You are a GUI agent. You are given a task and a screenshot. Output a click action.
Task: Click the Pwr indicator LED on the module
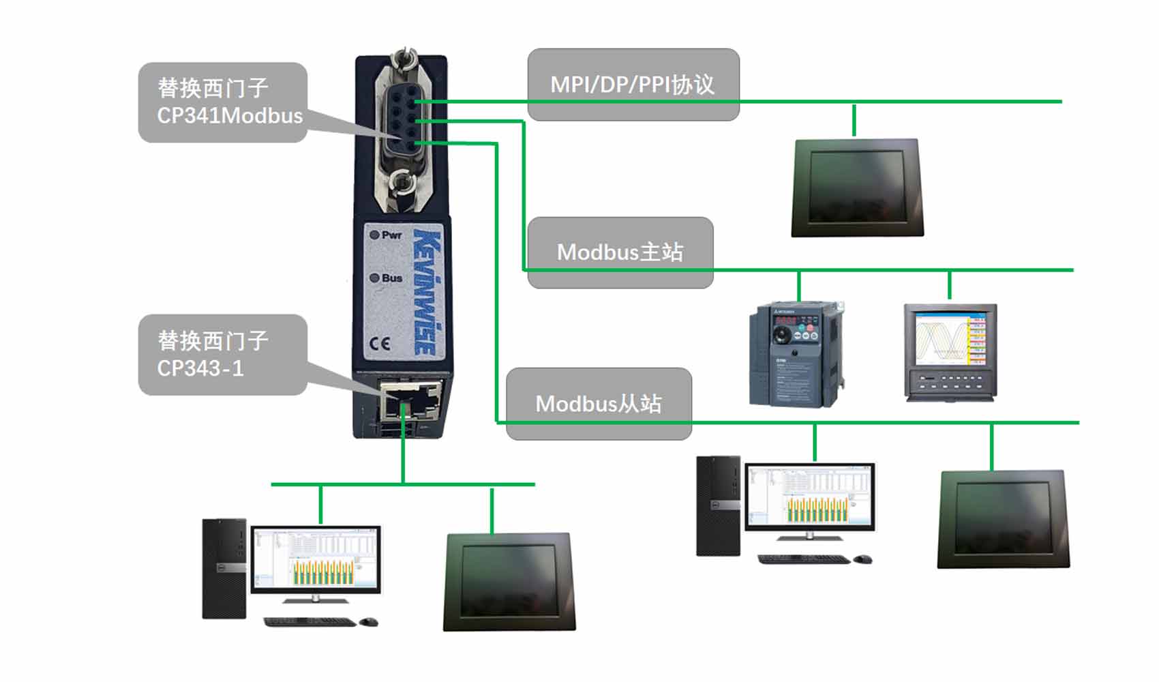374,235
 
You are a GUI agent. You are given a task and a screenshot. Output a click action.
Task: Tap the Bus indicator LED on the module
374,278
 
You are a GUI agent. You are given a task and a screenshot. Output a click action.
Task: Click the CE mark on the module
380,343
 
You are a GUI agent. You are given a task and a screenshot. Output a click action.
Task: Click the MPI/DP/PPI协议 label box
633,84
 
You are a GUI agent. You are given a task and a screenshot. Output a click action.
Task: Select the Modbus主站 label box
620,252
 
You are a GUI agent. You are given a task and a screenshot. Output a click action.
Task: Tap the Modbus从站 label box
598,403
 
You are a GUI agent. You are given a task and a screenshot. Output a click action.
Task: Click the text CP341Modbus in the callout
230,115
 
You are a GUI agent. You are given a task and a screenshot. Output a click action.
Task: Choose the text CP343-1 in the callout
200,368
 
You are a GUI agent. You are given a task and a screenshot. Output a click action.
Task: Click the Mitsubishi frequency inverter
796,355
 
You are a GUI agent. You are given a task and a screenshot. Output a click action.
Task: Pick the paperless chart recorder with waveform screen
950,351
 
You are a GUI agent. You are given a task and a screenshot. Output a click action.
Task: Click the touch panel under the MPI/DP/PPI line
857,188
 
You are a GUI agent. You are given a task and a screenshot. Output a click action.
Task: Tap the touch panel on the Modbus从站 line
1003,518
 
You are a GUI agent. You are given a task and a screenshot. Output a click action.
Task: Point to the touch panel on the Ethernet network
509,582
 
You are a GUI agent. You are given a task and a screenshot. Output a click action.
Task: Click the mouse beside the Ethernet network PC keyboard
369,621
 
